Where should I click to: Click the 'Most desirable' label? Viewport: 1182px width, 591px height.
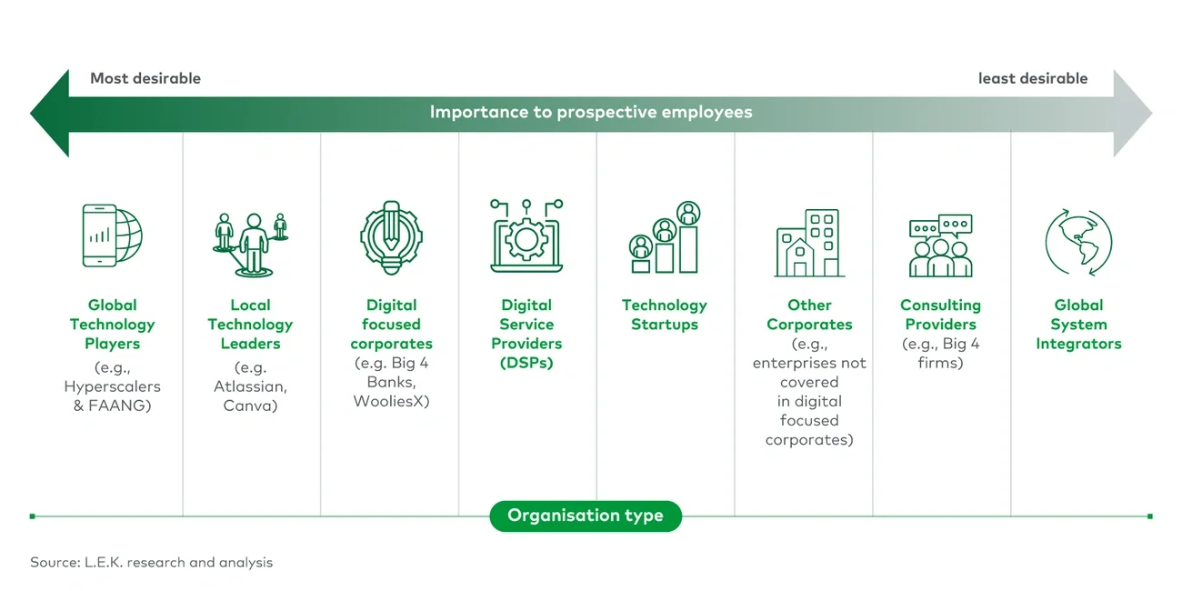point(145,78)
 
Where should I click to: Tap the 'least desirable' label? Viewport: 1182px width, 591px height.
point(1033,78)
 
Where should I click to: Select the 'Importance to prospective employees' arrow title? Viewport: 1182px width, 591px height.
point(591,113)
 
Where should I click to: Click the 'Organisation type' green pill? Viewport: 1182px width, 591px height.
point(586,516)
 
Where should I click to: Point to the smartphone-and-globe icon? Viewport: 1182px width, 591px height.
point(113,235)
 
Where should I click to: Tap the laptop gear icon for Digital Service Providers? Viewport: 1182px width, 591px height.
point(527,235)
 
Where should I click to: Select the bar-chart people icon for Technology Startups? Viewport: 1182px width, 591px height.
point(665,238)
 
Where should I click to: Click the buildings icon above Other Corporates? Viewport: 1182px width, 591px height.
point(809,243)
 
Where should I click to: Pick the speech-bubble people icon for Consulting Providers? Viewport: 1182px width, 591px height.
point(941,245)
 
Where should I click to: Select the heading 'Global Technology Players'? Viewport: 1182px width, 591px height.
point(113,325)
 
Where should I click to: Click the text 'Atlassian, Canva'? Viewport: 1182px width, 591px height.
point(250,396)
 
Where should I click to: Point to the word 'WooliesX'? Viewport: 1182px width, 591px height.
point(391,401)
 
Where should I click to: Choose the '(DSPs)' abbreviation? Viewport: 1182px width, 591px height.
point(526,363)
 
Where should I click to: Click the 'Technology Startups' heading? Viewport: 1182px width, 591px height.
point(665,315)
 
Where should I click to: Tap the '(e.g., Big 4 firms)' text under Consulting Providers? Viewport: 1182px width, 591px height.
point(941,354)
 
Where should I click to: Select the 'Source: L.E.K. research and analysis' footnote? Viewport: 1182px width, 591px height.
point(151,562)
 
